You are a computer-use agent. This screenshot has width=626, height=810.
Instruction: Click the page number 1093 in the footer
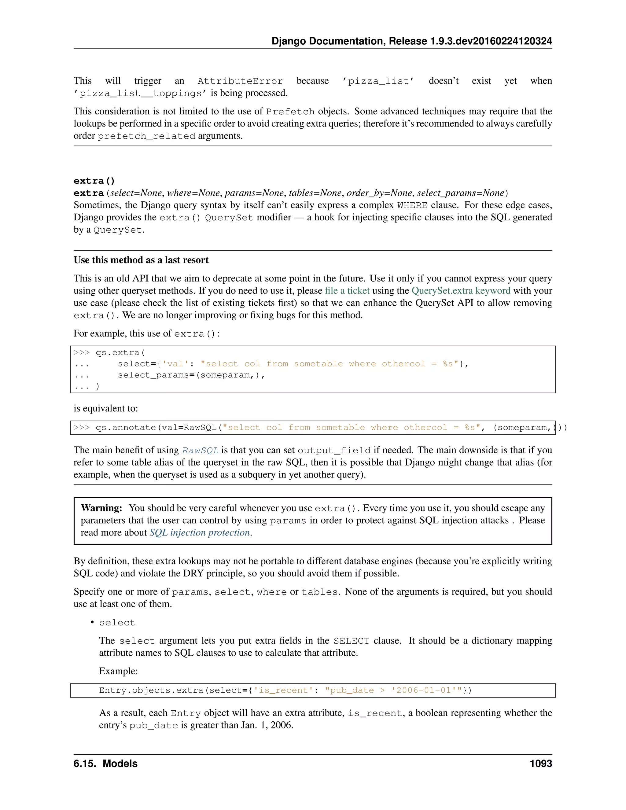(540, 764)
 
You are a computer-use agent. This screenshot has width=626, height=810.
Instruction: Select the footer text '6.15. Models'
(105, 764)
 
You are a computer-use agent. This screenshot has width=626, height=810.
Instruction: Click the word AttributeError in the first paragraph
(240, 81)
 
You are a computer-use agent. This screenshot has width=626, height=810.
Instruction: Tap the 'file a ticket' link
(347, 291)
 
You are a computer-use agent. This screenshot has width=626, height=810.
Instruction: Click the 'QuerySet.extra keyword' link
(461, 291)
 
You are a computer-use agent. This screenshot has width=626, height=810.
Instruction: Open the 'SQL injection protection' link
(200, 532)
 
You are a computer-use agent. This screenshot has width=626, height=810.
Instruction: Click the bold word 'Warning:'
(101, 508)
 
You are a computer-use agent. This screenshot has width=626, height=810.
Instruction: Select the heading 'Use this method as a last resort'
(141, 260)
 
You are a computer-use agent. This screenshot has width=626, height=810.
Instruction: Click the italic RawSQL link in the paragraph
(200, 451)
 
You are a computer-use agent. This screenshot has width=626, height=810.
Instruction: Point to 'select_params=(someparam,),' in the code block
(191, 375)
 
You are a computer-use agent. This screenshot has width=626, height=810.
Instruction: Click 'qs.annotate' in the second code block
(125, 428)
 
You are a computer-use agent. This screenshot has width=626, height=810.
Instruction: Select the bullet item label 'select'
(117, 623)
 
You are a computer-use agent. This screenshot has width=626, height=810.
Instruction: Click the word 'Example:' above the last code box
(118, 671)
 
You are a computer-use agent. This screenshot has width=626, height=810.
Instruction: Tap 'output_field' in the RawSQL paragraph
(334, 451)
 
